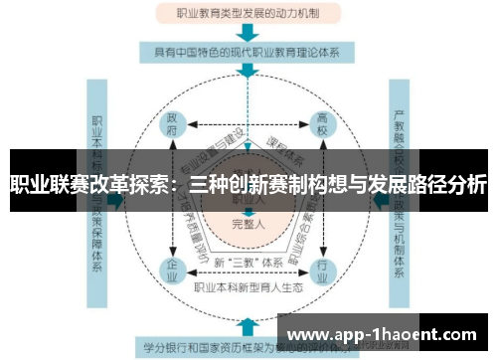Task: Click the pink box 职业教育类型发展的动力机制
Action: [x=248, y=14]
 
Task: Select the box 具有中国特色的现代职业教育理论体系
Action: [x=248, y=51]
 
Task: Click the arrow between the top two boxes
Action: [x=248, y=32]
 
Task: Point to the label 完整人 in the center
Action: [x=248, y=224]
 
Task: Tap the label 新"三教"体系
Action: [x=248, y=262]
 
